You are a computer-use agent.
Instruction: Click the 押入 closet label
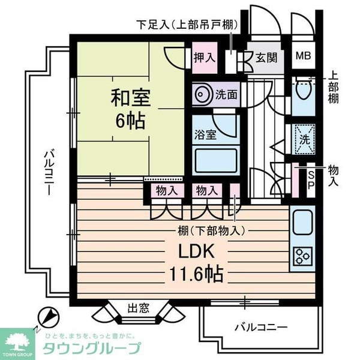[205, 58]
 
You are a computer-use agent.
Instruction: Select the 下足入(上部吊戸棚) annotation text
[187, 25]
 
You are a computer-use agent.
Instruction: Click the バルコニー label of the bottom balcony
[260, 327]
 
